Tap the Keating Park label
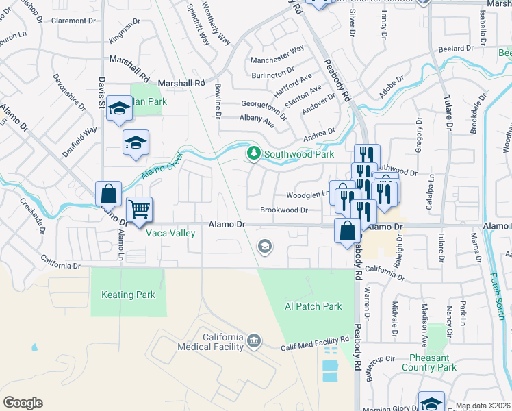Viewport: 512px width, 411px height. tap(128, 295)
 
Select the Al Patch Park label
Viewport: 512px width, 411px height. tap(313, 306)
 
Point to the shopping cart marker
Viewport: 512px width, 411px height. tap(140, 208)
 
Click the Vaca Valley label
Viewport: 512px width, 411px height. tap(170, 233)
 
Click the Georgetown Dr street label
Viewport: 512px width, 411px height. tap(264, 107)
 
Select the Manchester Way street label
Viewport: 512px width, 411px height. tap(277, 49)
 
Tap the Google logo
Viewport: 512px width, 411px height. tap(23, 403)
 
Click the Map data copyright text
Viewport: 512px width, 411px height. tap(483, 406)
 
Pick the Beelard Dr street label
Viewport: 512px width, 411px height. tap(455, 49)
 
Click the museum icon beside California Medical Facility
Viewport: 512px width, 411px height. tap(255, 340)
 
